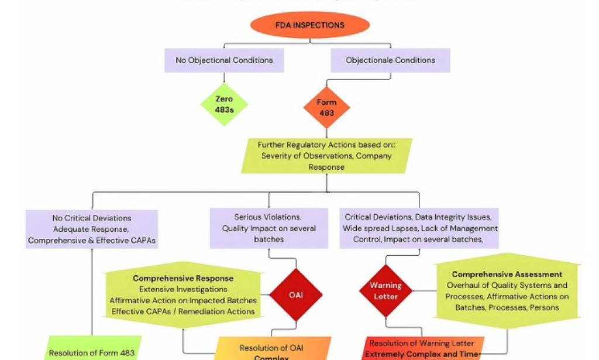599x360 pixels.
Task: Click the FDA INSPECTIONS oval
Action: point(310,25)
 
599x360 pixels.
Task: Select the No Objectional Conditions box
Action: point(224,60)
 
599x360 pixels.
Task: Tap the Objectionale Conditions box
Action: point(390,60)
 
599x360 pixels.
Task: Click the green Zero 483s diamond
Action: point(224,104)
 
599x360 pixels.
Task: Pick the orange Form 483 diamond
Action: point(326,107)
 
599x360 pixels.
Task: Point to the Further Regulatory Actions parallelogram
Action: point(326,156)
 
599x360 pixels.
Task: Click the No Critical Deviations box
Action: point(92,229)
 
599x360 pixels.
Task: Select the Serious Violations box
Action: point(268,228)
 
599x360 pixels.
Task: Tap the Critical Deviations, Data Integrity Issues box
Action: point(419,228)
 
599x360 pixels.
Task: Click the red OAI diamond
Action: point(296,294)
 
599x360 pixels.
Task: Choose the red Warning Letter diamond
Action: point(385,291)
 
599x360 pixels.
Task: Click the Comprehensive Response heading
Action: point(183,278)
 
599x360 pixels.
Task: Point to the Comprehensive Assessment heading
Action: point(507,274)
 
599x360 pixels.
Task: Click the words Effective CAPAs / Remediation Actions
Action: point(183,311)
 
